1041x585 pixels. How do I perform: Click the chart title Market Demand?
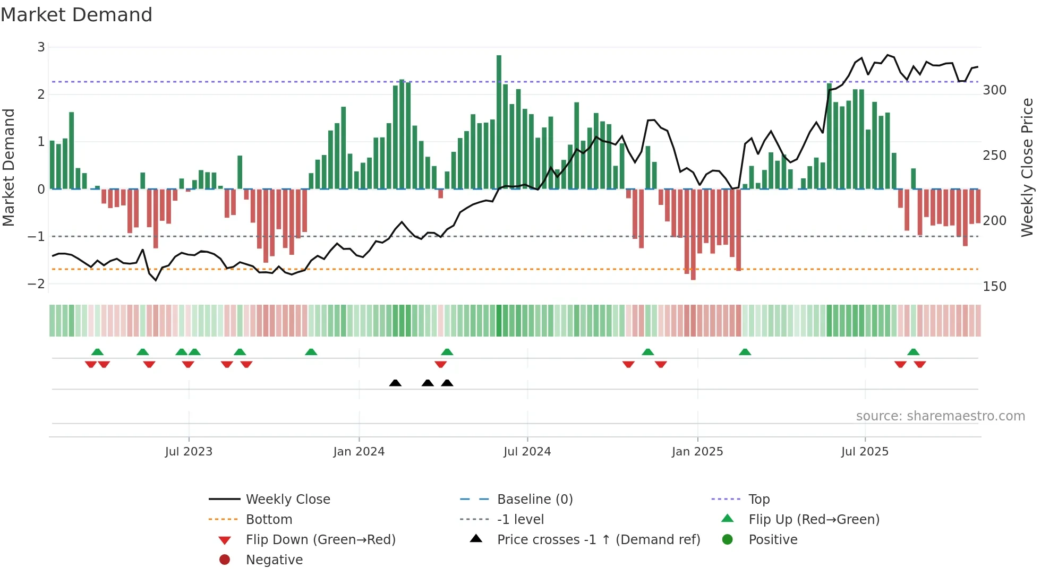pyautogui.click(x=76, y=15)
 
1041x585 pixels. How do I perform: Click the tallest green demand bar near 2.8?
pyautogui.click(x=499, y=122)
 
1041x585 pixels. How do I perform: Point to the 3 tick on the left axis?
pyautogui.click(x=41, y=47)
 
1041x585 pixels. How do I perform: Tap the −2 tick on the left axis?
pyautogui.click(x=37, y=283)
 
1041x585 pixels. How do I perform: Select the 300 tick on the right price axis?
pyautogui.click(x=994, y=90)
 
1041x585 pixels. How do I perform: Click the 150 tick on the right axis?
pyautogui.click(x=994, y=287)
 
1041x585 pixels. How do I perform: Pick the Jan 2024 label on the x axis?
pyautogui.click(x=359, y=452)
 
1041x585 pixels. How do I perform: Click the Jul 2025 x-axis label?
pyautogui.click(x=865, y=452)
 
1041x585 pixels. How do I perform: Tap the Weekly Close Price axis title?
pyautogui.click(x=1027, y=167)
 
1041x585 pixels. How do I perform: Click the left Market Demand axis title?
pyautogui.click(x=8, y=167)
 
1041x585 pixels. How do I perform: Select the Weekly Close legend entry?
pyautogui.click(x=287, y=500)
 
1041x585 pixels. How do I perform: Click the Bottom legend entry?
pyautogui.click(x=269, y=520)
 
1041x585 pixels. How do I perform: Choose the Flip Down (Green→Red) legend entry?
pyautogui.click(x=320, y=540)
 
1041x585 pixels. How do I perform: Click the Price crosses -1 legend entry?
pyautogui.click(x=598, y=540)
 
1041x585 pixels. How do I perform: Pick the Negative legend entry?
pyautogui.click(x=274, y=560)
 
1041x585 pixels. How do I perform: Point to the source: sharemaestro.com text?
pyautogui.click(x=940, y=416)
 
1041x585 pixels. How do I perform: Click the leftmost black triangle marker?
pyautogui.click(x=395, y=383)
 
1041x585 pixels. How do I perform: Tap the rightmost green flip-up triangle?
pyautogui.click(x=913, y=352)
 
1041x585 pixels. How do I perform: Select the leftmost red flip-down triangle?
pyautogui.click(x=91, y=364)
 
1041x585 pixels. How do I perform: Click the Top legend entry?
pyautogui.click(x=758, y=500)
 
